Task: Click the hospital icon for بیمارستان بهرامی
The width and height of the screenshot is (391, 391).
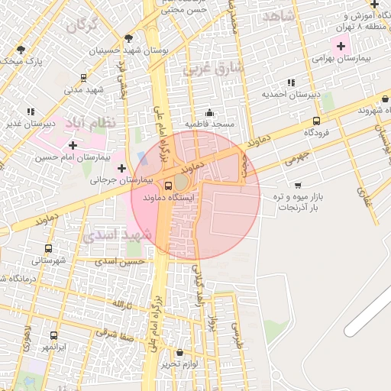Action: click(341, 47)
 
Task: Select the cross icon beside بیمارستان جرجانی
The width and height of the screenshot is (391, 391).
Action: click(121, 167)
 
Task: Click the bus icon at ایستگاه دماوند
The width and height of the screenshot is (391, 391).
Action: click(168, 184)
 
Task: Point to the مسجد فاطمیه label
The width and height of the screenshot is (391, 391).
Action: click(209, 124)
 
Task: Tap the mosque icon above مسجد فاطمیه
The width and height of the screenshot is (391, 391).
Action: click(210, 112)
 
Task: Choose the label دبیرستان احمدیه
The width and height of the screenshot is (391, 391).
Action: click(289, 95)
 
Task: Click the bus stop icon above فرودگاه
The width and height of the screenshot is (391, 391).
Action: click(317, 120)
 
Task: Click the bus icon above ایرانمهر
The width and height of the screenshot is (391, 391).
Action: click(53, 335)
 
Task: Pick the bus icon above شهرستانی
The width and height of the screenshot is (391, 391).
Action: click(49, 249)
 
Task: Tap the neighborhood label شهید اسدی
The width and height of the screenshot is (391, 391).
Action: click(118, 236)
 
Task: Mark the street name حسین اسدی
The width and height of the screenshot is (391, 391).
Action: click(120, 261)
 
